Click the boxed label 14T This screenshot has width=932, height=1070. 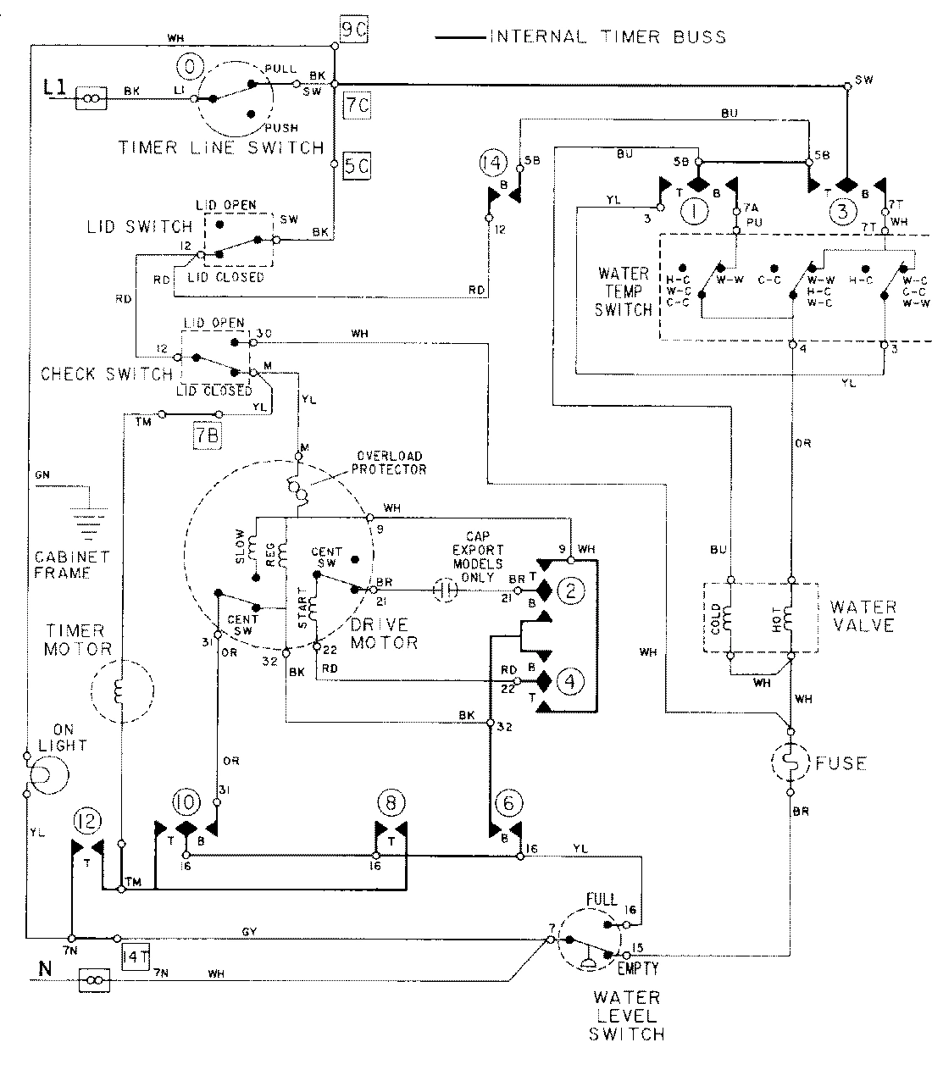(x=136, y=956)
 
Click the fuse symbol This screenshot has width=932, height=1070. (x=790, y=763)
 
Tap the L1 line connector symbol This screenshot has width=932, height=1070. (x=92, y=98)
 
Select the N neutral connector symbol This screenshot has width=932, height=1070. (x=92, y=981)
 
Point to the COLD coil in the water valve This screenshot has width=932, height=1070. (x=730, y=617)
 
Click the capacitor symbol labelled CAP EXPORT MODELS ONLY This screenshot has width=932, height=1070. (x=446, y=590)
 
